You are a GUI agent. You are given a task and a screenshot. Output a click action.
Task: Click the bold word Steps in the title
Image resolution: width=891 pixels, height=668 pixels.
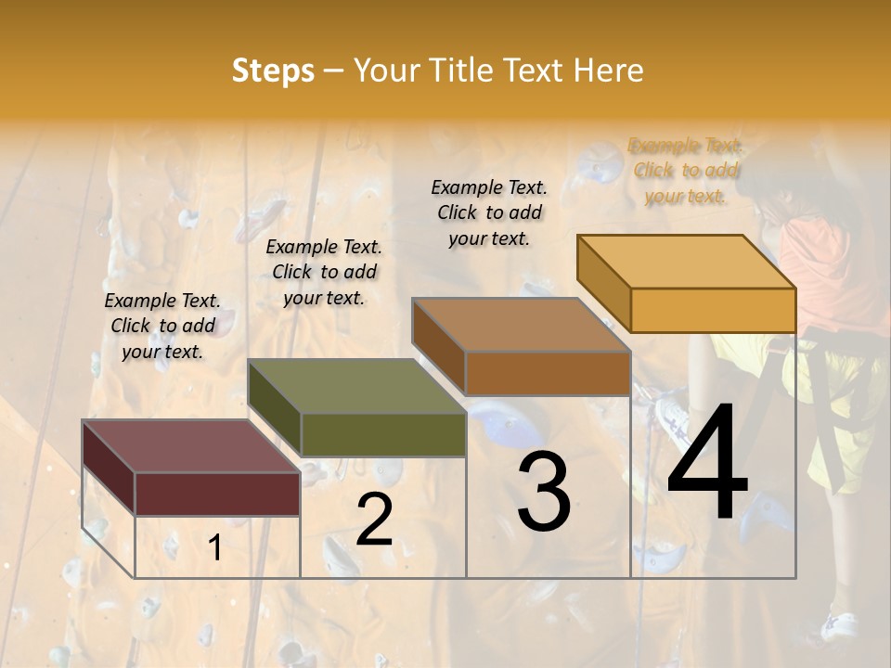click(273, 71)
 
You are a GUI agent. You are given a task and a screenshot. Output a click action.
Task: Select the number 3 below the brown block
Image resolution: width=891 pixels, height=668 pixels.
click(543, 492)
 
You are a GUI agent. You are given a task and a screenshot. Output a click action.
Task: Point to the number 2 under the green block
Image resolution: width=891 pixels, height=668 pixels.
click(374, 520)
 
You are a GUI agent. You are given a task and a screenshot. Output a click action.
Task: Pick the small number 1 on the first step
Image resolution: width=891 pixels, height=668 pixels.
click(214, 548)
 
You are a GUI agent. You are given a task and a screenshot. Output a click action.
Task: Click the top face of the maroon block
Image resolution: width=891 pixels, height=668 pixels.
click(190, 446)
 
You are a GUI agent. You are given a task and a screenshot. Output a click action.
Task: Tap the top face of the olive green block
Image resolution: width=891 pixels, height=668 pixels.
click(357, 386)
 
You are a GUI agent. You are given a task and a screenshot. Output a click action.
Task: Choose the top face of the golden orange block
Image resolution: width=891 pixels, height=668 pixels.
click(687, 262)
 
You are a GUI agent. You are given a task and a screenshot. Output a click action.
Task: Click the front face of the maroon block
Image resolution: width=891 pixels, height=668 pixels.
click(217, 494)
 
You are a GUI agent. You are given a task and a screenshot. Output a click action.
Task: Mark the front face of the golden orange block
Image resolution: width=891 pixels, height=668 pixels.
click(713, 310)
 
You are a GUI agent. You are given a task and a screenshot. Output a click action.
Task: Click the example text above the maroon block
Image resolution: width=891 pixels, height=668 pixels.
click(162, 326)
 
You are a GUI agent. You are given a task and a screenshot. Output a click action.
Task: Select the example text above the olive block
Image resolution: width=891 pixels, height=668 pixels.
click(324, 272)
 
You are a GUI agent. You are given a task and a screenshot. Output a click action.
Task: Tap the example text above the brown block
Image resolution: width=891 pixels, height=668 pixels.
click(489, 212)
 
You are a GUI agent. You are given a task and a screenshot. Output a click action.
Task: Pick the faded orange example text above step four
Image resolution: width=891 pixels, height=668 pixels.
click(685, 171)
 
